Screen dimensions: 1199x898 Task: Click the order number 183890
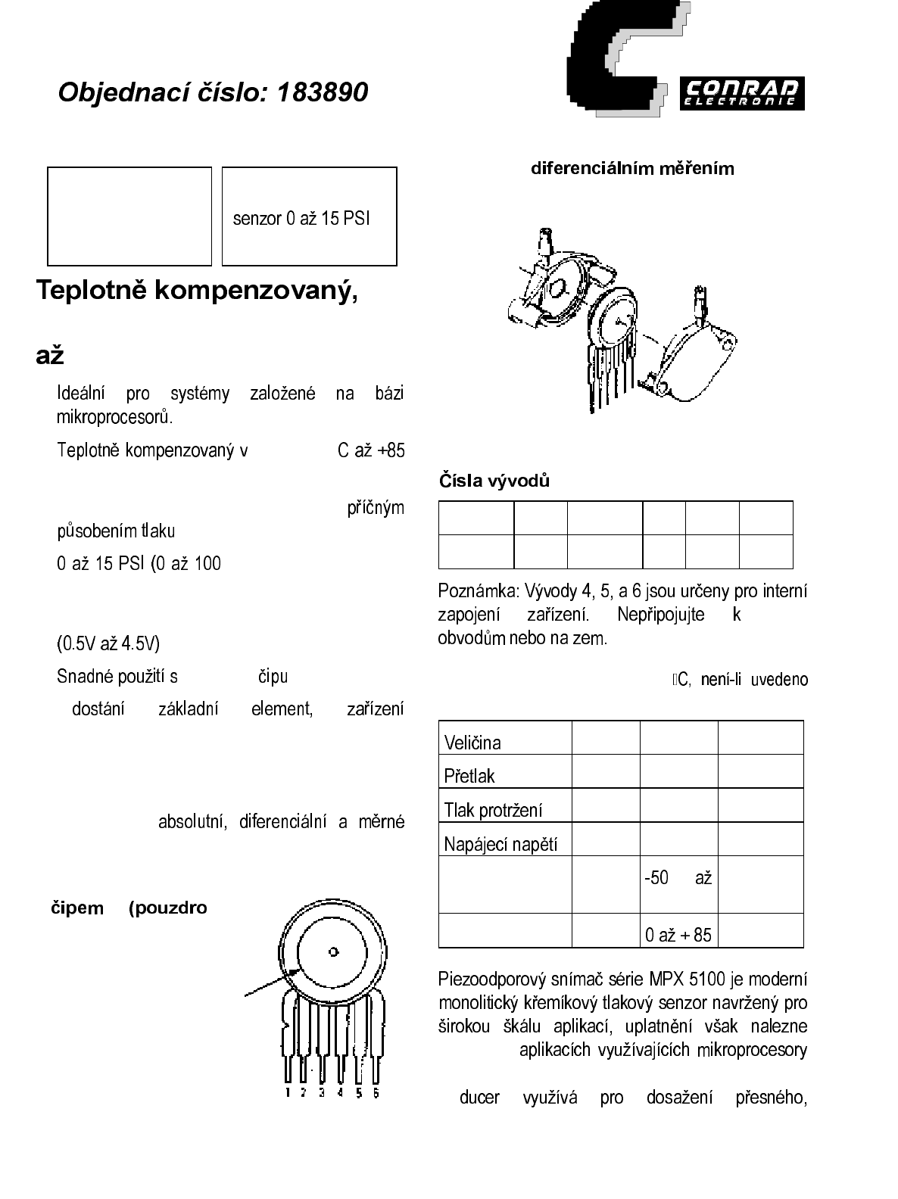323,92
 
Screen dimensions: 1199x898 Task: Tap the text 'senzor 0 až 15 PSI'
301,219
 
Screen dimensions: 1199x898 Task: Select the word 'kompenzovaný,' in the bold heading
256,291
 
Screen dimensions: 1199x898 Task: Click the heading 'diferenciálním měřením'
632,168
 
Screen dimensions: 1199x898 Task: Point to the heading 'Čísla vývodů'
494,481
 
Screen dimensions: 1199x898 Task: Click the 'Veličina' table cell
472,743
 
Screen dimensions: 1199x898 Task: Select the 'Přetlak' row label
469,776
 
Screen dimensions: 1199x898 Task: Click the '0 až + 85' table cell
678,935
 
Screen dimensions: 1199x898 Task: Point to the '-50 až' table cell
678,878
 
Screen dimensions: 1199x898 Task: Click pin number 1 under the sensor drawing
288,1093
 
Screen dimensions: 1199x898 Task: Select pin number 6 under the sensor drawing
376,1093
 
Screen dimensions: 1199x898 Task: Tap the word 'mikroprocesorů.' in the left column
114,417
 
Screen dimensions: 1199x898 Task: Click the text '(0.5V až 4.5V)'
108,644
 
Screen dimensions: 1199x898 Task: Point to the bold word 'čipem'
77,908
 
